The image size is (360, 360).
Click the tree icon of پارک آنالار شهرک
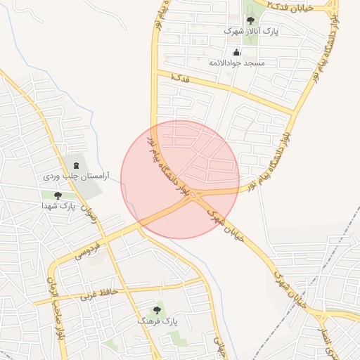(x=250, y=20)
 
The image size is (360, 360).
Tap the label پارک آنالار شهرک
(x=251, y=32)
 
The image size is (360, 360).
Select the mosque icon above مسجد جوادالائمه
(x=236, y=52)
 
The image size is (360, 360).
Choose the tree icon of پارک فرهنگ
(x=157, y=310)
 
